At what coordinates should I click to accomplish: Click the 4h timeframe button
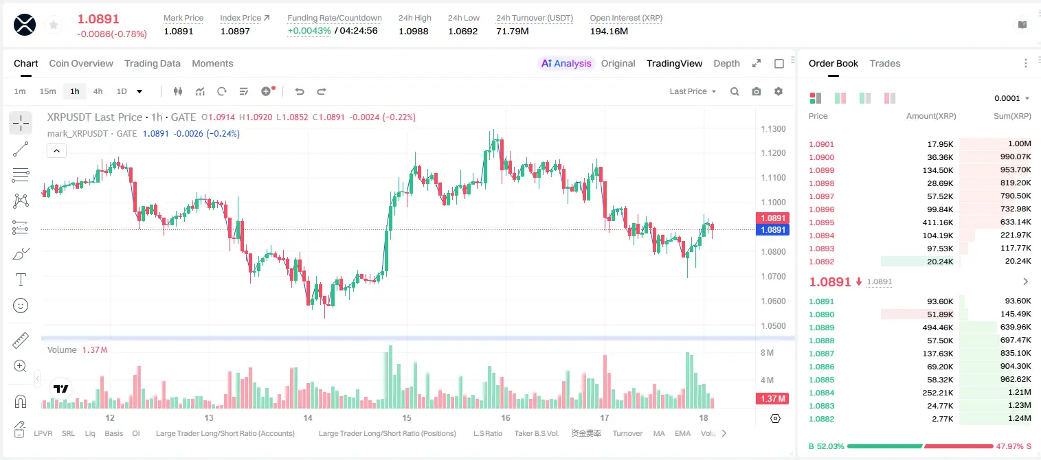[x=98, y=91]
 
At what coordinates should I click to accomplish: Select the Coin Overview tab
[x=81, y=63]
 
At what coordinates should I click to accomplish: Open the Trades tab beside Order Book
[x=884, y=63]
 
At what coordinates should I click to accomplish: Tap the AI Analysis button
[x=566, y=63]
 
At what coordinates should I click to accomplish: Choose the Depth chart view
[x=726, y=63]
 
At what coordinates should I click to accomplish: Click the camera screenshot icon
[x=756, y=91]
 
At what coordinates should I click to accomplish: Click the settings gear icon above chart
[x=779, y=91]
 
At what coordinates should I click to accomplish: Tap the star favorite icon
[x=54, y=25]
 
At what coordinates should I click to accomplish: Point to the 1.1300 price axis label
[x=773, y=128]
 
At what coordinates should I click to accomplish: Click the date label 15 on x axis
[x=407, y=417]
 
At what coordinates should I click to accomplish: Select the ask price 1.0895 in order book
[x=821, y=222]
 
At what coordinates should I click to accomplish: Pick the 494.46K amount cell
[x=937, y=327]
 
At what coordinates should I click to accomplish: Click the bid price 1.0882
[x=821, y=419]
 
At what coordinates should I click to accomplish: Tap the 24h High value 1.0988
[x=413, y=31]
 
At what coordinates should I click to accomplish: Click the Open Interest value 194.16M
[x=609, y=31]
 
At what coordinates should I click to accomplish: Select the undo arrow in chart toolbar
[x=300, y=91]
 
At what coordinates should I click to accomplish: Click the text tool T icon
[x=21, y=279]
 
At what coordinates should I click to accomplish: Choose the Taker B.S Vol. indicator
[x=536, y=433]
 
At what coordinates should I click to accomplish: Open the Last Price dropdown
[x=693, y=91]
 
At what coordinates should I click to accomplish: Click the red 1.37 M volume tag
[x=772, y=398]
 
